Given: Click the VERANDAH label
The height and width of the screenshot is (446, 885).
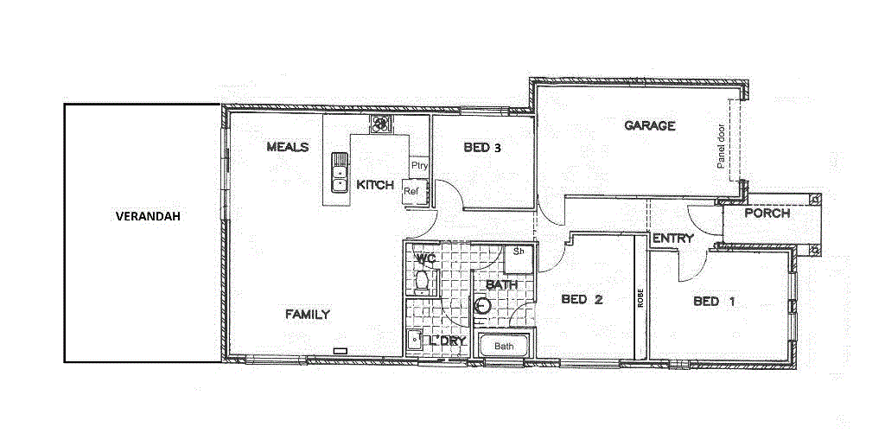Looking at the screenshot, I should point(148,217).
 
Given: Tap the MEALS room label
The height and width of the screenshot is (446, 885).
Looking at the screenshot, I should point(288,147).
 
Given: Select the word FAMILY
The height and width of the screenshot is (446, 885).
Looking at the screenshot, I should point(308,315).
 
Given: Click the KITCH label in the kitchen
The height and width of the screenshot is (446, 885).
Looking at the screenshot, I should point(375,185).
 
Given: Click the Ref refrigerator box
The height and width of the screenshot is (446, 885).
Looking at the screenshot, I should point(411,191).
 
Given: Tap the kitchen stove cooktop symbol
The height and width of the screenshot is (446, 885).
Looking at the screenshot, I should point(380,124).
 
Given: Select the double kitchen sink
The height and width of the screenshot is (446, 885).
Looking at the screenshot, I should point(339,172).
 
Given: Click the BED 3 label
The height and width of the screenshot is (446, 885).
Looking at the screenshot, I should point(482,148).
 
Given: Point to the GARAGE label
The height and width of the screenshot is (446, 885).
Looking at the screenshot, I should point(650,126).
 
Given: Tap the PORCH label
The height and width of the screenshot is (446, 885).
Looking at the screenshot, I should point(767,213).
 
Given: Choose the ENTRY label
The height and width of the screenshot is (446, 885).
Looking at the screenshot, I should point(673,239).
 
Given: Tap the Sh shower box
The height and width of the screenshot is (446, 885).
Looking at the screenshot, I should point(519,252).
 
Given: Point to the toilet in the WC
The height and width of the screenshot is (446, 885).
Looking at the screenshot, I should point(423,281).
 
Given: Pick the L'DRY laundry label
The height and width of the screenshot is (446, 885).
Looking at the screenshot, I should point(447,341).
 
